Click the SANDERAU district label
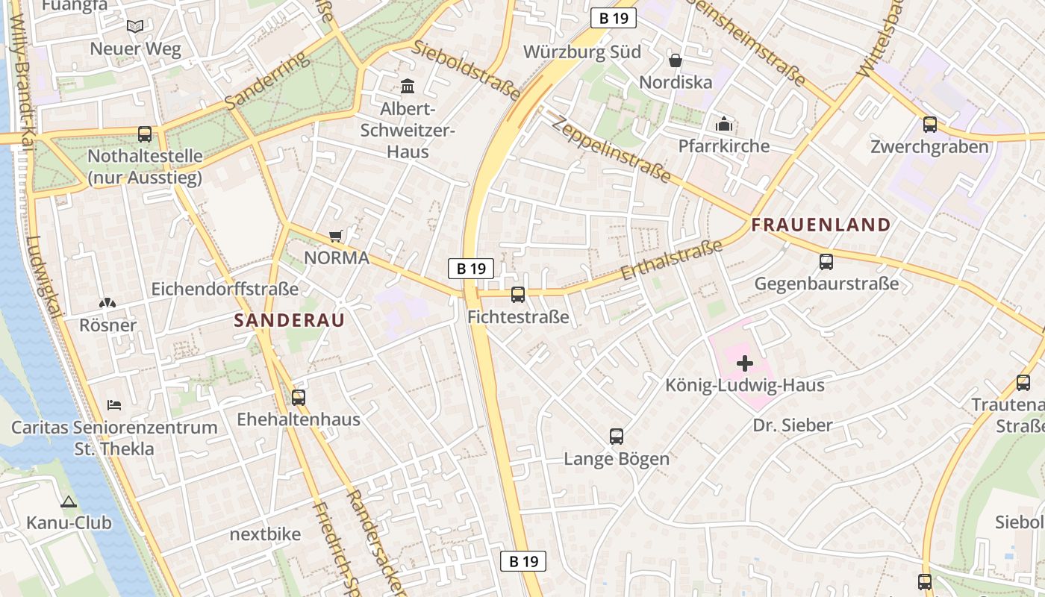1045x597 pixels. [290, 321]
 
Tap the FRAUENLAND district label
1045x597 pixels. [821, 225]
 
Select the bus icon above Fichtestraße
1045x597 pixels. [518, 295]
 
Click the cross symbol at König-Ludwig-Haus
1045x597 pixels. [745, 363]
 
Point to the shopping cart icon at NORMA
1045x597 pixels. [336, 236]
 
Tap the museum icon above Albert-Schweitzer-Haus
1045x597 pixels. [408, 87]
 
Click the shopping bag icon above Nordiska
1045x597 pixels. [676, 60]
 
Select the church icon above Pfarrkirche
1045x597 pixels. [723, 124]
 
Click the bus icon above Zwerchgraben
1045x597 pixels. [930, 125]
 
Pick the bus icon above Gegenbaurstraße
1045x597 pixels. [826, 262]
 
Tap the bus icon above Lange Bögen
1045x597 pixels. [617, 437]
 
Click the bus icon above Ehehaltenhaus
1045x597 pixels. [299, 397]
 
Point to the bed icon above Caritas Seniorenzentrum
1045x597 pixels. [114, 404]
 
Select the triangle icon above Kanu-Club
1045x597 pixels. [69, 501]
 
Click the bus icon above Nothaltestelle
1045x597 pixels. [145, 134]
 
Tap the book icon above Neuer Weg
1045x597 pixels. [135, 27]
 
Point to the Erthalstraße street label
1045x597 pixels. [671, 260]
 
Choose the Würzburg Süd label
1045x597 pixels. [582, 52]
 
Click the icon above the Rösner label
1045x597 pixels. [107, 303]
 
